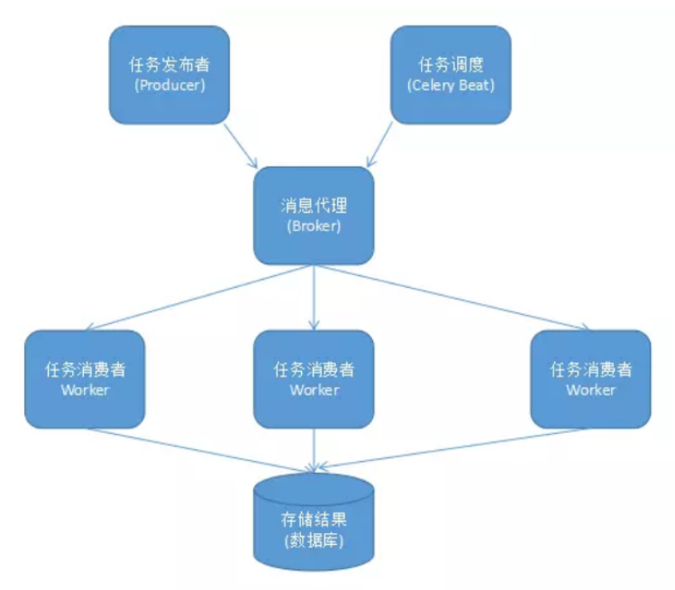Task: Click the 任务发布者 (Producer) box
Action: click(x=169, y=74)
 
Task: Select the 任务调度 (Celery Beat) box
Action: click(x=451, y=74)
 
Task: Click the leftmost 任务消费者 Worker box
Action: click(x=85, y=379)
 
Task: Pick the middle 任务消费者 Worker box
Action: click(x=314, y=379)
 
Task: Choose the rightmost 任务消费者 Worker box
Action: click(x=590, y=379)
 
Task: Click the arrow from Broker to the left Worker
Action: click(x=198, y=297)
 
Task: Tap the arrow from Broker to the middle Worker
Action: click(x=314, y=298)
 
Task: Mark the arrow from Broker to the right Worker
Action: click(x=451, y=297)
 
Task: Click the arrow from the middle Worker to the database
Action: click(x=314, y=448)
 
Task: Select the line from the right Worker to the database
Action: click(x=433, y=448)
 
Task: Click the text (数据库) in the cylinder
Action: click(x=314, y=541)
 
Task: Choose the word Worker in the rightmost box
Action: click(x=590, y=390)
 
